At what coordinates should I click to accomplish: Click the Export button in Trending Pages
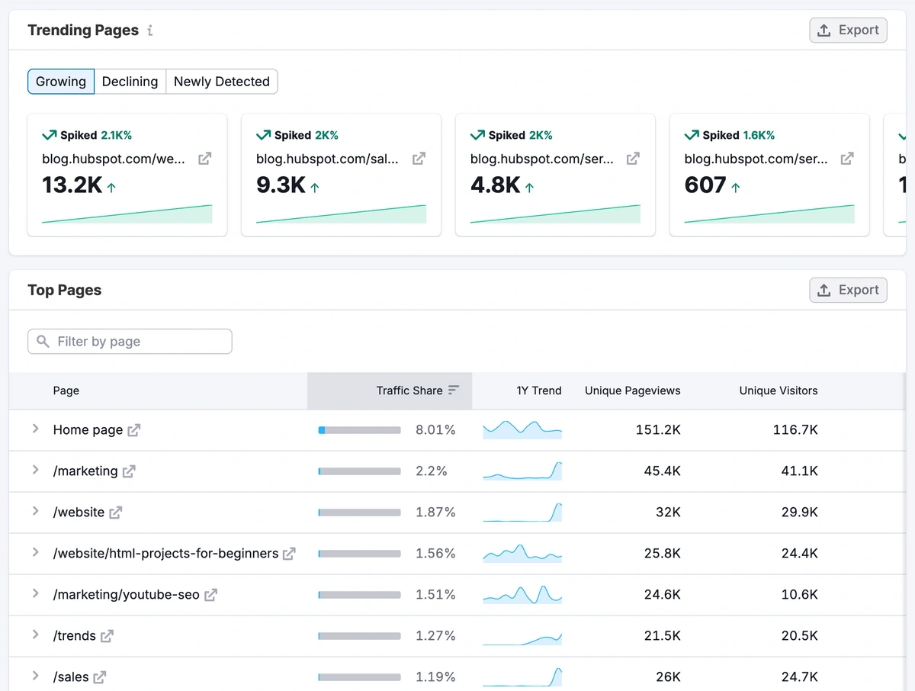coord(848,31)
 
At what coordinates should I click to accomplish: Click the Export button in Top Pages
coord(848,291)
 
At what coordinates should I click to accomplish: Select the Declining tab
coord(130,82)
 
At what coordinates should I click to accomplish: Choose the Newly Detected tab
coord(221,82)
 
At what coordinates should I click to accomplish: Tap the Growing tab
coord(61,82)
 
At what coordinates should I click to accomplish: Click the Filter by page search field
coord(130,342)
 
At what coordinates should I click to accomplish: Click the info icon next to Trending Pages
coord(150,31)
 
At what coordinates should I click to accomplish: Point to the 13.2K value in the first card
coord(72,185)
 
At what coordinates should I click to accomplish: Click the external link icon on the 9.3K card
coord(419,159)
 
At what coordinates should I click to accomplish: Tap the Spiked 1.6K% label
coord(730,135)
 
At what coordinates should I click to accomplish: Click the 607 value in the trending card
coord(705,185)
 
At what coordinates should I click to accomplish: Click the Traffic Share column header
coord(409,390)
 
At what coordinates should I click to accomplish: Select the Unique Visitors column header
coord(778,390)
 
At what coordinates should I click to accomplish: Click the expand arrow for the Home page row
coord(35,429)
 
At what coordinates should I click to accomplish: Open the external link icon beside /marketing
coord(129,471)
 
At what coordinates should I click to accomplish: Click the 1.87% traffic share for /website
coord(435,513)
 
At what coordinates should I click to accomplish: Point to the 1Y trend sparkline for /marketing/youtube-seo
coord(522,594)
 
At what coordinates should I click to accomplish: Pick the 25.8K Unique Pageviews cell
coord(662,554)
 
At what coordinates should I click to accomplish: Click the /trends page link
coord(75,636)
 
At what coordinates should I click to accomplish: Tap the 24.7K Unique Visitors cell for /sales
coord(799,677)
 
